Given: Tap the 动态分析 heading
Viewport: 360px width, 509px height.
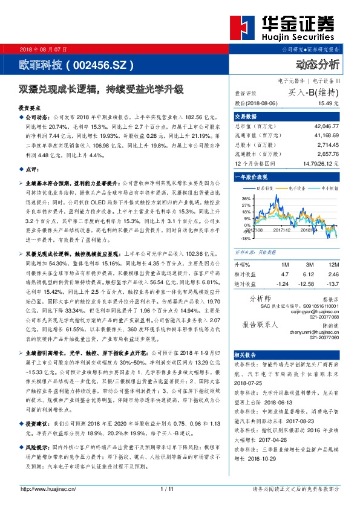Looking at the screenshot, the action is point(318,64).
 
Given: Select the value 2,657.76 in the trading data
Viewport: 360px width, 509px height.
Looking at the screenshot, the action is point(327,155).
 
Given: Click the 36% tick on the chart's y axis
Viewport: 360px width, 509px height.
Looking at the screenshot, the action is point(247,198).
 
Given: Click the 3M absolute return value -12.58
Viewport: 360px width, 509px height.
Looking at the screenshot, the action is point(306,284).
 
